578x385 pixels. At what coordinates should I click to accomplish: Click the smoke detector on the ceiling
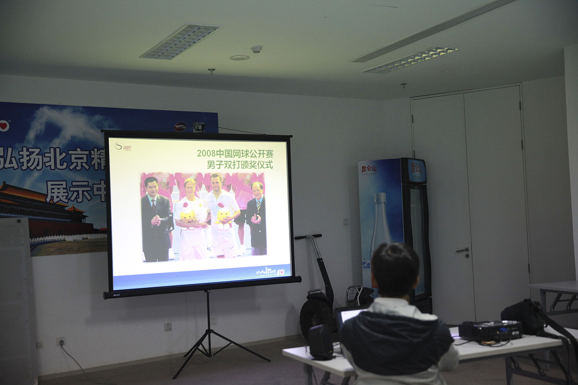[256, 49]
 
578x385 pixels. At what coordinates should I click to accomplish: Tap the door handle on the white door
[463, 250]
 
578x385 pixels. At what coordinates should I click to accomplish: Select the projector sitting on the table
[490, 331]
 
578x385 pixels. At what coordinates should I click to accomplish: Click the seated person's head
[395, 269]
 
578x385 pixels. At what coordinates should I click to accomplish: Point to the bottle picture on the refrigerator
[380, 221]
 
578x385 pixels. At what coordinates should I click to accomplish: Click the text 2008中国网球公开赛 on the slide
[235, 154]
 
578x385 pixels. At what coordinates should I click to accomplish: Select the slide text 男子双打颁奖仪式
[239, 165]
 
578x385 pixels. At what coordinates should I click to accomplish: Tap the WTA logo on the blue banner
[180, 126]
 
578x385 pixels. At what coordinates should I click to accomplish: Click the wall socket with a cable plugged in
[61, 341]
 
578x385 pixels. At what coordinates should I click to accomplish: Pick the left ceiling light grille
[180, 41]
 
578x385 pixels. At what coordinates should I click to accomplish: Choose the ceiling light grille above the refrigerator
[410, 60]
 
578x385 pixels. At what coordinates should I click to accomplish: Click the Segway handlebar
[308, 236]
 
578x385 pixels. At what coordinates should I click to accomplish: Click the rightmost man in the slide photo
[257, 218]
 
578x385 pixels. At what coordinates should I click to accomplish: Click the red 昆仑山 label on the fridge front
[369, 169]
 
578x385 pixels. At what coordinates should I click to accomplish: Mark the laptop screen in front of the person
[350, 315]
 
